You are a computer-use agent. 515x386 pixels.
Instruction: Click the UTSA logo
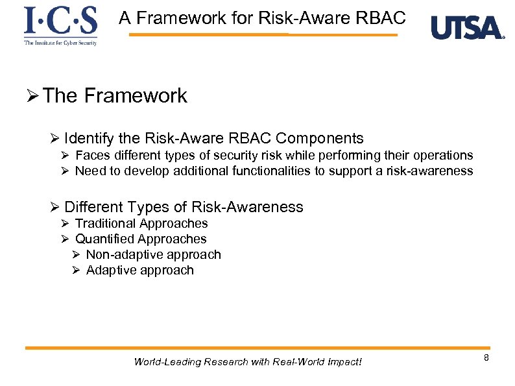[467, 28]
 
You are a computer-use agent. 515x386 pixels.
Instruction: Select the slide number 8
[486, 359]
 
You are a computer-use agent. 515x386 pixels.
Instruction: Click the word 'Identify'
[90, 138]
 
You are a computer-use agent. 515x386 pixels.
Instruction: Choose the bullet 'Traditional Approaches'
[141, 223]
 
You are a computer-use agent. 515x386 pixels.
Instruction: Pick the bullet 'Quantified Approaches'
[141, 239]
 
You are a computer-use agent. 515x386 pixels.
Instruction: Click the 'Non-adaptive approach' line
[153, 254]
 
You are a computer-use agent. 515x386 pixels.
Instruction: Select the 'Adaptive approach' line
[139, 270]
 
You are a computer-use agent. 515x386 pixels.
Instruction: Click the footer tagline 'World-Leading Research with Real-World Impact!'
[248, 361]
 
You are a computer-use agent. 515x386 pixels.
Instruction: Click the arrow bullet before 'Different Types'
[54, 208]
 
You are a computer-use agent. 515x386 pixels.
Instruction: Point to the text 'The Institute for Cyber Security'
[60, 43]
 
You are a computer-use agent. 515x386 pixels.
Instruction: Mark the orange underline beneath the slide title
[263, 34]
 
